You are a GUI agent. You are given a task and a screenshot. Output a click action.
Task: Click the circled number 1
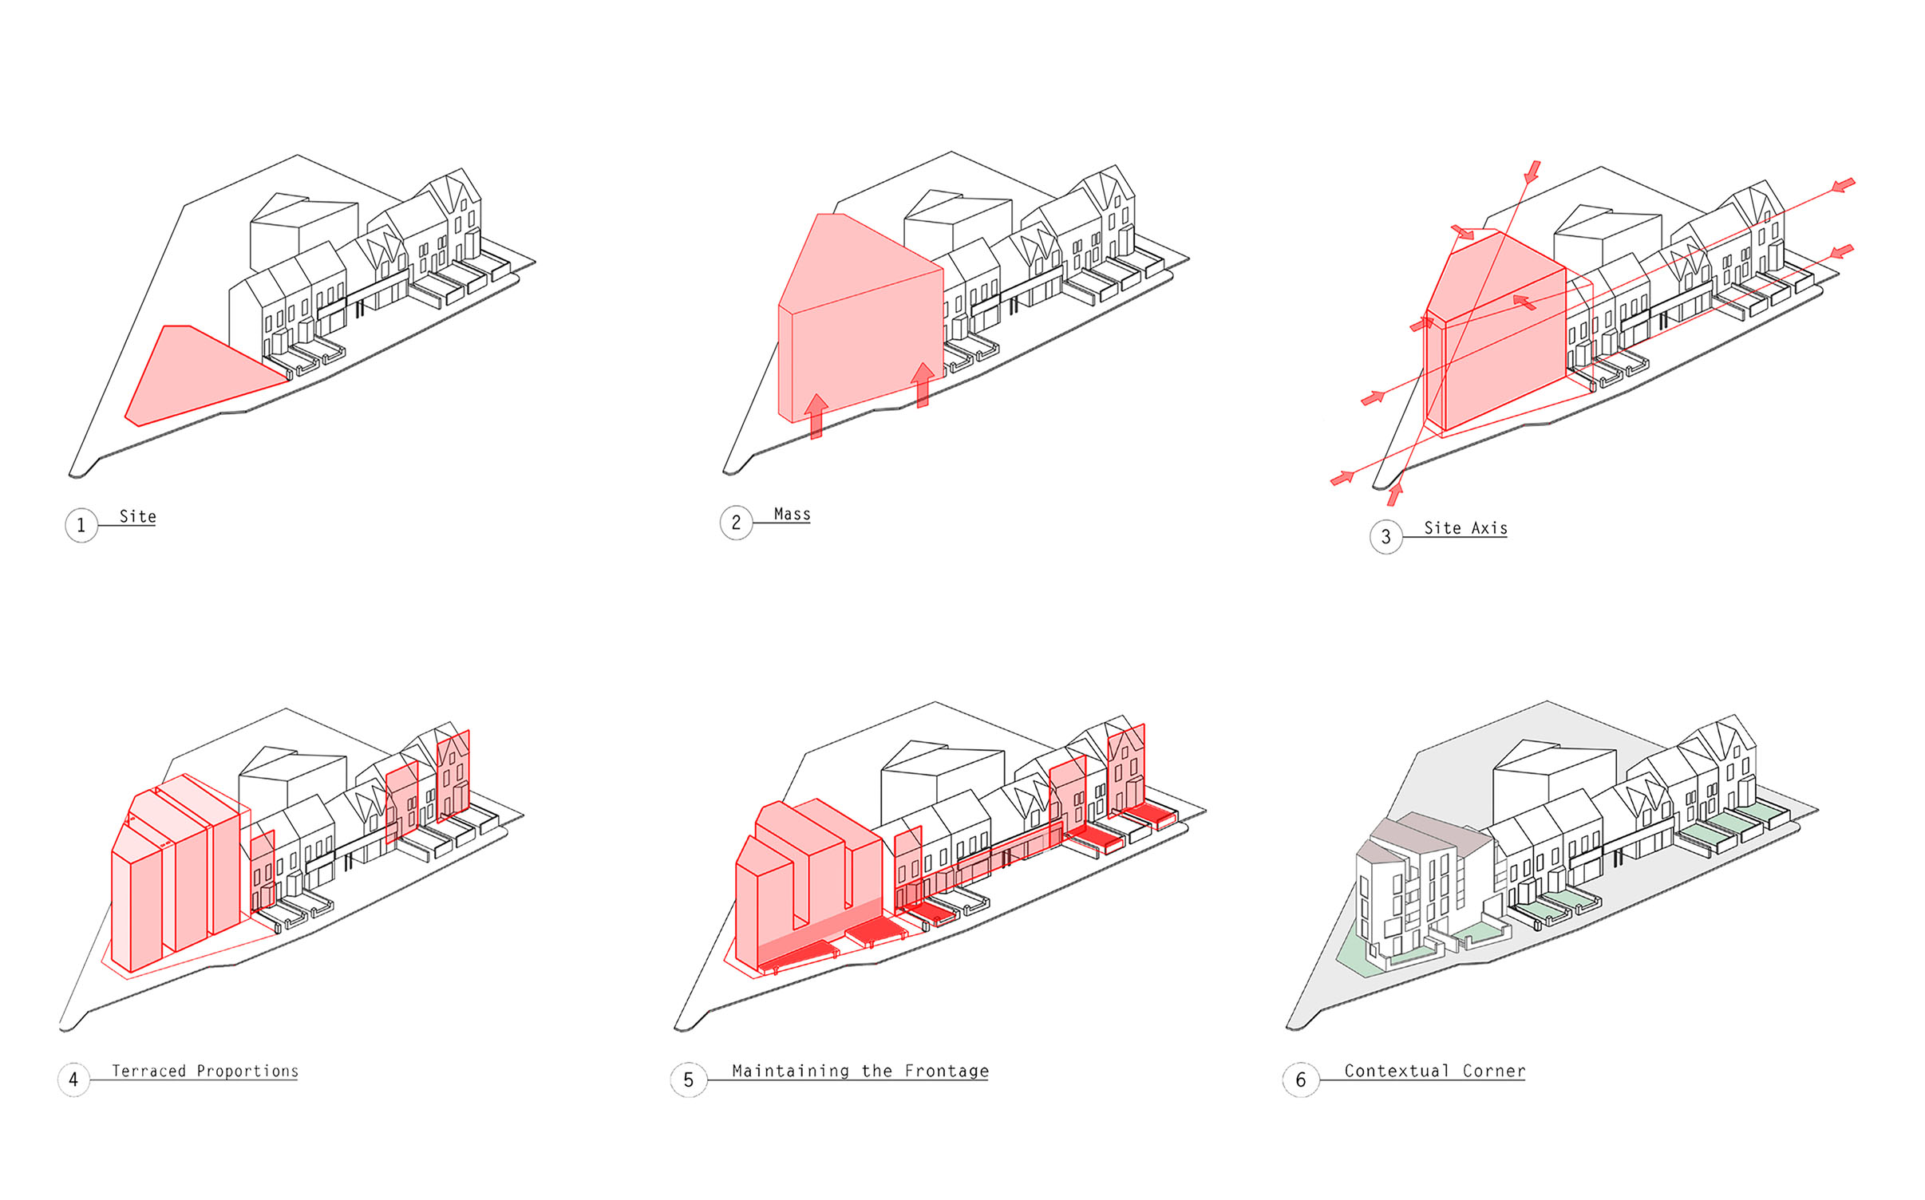[81, 525]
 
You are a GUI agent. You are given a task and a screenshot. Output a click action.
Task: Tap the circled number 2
[736, 523]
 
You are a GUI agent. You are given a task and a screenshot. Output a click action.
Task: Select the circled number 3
[1385, 537]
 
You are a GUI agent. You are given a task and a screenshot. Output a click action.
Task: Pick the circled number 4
[73, 1080]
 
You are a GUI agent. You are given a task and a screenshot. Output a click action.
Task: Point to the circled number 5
[688, 1080]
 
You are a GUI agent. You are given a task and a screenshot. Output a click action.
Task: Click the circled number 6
[1301, 1080]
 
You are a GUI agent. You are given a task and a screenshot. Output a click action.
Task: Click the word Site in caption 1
[138, 516]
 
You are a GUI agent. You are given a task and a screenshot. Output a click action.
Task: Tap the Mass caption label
[792, 515]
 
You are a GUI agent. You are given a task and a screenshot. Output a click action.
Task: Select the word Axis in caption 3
[1489, 528]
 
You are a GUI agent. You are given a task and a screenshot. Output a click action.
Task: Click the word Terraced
[148, 1071]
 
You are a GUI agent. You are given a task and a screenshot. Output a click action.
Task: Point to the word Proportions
[247, 1071]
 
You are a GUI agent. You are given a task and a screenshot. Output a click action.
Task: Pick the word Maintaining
[791, 1071]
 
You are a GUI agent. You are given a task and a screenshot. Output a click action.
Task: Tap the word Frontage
[947, 1071]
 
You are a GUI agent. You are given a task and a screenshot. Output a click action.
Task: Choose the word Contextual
[1397, 1071]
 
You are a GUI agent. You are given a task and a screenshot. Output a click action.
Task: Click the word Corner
[1494, 1071]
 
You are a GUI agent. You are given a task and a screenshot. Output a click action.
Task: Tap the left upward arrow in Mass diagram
[816, 416]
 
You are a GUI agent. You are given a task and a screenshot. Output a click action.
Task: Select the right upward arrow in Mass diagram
[923, 385]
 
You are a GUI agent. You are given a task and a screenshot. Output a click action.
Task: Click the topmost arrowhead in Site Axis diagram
[1532, 172]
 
